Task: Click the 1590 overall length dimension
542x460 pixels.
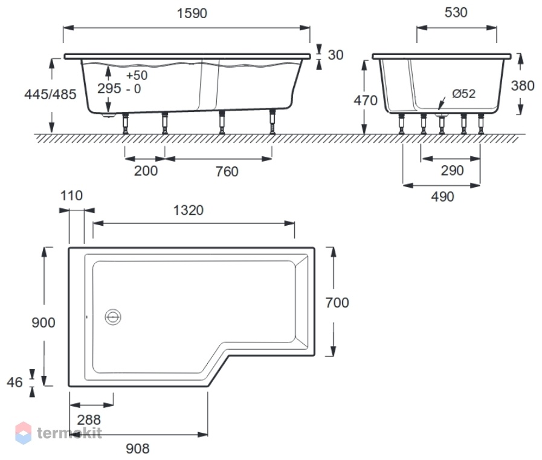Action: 192,13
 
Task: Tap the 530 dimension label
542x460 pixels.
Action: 456,13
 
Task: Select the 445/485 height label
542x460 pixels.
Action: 50,94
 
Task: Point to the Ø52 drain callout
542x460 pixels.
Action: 463,93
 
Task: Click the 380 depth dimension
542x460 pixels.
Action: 523,86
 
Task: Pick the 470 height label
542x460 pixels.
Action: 366,100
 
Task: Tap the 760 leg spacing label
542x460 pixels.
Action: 227,172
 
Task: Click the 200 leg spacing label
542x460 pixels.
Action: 146,171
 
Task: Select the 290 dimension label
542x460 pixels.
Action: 452,171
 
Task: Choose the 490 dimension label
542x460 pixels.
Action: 442,197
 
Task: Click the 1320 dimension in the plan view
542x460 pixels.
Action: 189,211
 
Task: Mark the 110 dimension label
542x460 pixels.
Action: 71,196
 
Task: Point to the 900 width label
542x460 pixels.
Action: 44,323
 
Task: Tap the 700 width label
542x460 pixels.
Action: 337,303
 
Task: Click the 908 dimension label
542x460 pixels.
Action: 138,449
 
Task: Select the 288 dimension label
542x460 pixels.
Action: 89,420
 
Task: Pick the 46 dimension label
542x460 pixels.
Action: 15,383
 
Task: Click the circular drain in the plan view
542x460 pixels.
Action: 113,317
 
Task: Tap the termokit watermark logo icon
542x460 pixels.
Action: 24,433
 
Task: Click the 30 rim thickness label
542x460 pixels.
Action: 335,55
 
